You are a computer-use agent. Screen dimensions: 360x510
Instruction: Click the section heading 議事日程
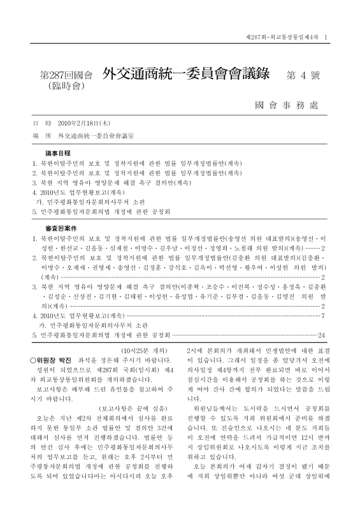tap(55, 154)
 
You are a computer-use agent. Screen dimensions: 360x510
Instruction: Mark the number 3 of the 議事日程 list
tap(35, 182)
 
